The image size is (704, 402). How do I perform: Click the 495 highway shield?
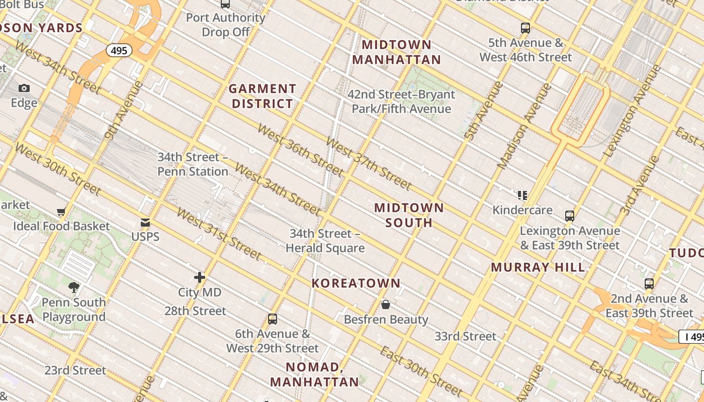119,50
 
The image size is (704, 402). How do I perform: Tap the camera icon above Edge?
24,88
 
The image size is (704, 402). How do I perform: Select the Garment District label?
261,96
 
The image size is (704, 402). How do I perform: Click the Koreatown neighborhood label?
356,283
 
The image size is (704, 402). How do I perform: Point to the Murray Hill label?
538,267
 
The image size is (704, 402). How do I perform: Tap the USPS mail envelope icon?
145,223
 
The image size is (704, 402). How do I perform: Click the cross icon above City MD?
200,277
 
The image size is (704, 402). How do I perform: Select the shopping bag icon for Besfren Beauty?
386,305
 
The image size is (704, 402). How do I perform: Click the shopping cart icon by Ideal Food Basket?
61,212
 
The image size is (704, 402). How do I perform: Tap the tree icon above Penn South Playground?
74,287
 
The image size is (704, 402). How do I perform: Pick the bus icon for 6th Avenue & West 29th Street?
273,319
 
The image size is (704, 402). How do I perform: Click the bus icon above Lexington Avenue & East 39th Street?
570,216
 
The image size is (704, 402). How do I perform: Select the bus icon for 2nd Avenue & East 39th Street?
649,284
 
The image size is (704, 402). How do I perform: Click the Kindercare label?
522,210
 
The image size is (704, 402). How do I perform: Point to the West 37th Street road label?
369,163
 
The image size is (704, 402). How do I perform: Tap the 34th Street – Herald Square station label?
325,241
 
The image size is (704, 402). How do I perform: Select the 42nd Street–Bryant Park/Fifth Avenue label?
401,102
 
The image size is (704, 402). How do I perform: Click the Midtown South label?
409,215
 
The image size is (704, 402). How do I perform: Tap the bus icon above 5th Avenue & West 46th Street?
525,28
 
